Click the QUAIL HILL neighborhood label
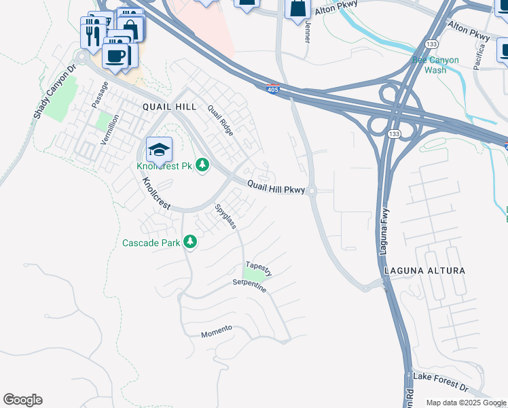coord(169,107)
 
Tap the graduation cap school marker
coord(159,149)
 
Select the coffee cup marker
coord(115,55)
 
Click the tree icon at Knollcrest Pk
coord(202,164)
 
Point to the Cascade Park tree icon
coord(191,242)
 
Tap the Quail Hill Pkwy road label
coord(275,185)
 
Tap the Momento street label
coord(217,331)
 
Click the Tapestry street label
coord(259,268)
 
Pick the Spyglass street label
coord(225,216)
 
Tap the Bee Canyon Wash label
coord(435,65)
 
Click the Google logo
coord(22,400)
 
